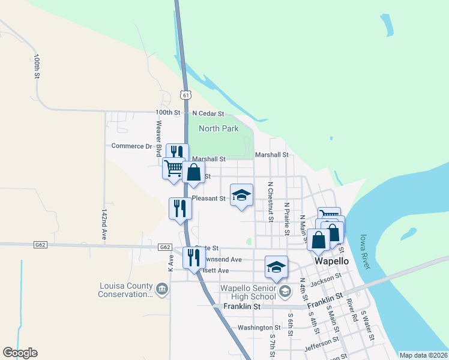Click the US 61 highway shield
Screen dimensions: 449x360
185,94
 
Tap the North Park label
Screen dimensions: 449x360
218,128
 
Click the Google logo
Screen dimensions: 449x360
20,353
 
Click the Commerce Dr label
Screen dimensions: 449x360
132,146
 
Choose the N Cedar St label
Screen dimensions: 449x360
208,113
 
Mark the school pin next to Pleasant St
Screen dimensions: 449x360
241,195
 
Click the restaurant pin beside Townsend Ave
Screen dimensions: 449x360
193,258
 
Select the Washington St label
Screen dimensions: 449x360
259,328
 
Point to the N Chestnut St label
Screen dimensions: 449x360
270,201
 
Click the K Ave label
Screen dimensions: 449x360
171,260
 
